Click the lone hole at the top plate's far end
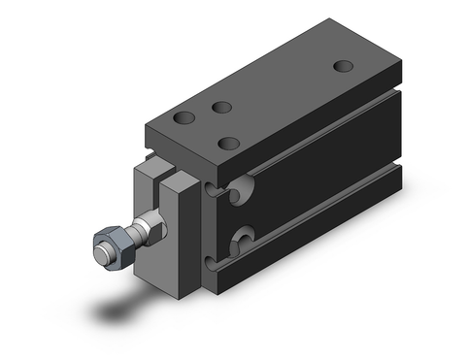343,66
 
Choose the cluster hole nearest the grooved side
229,144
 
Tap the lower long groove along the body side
320,208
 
